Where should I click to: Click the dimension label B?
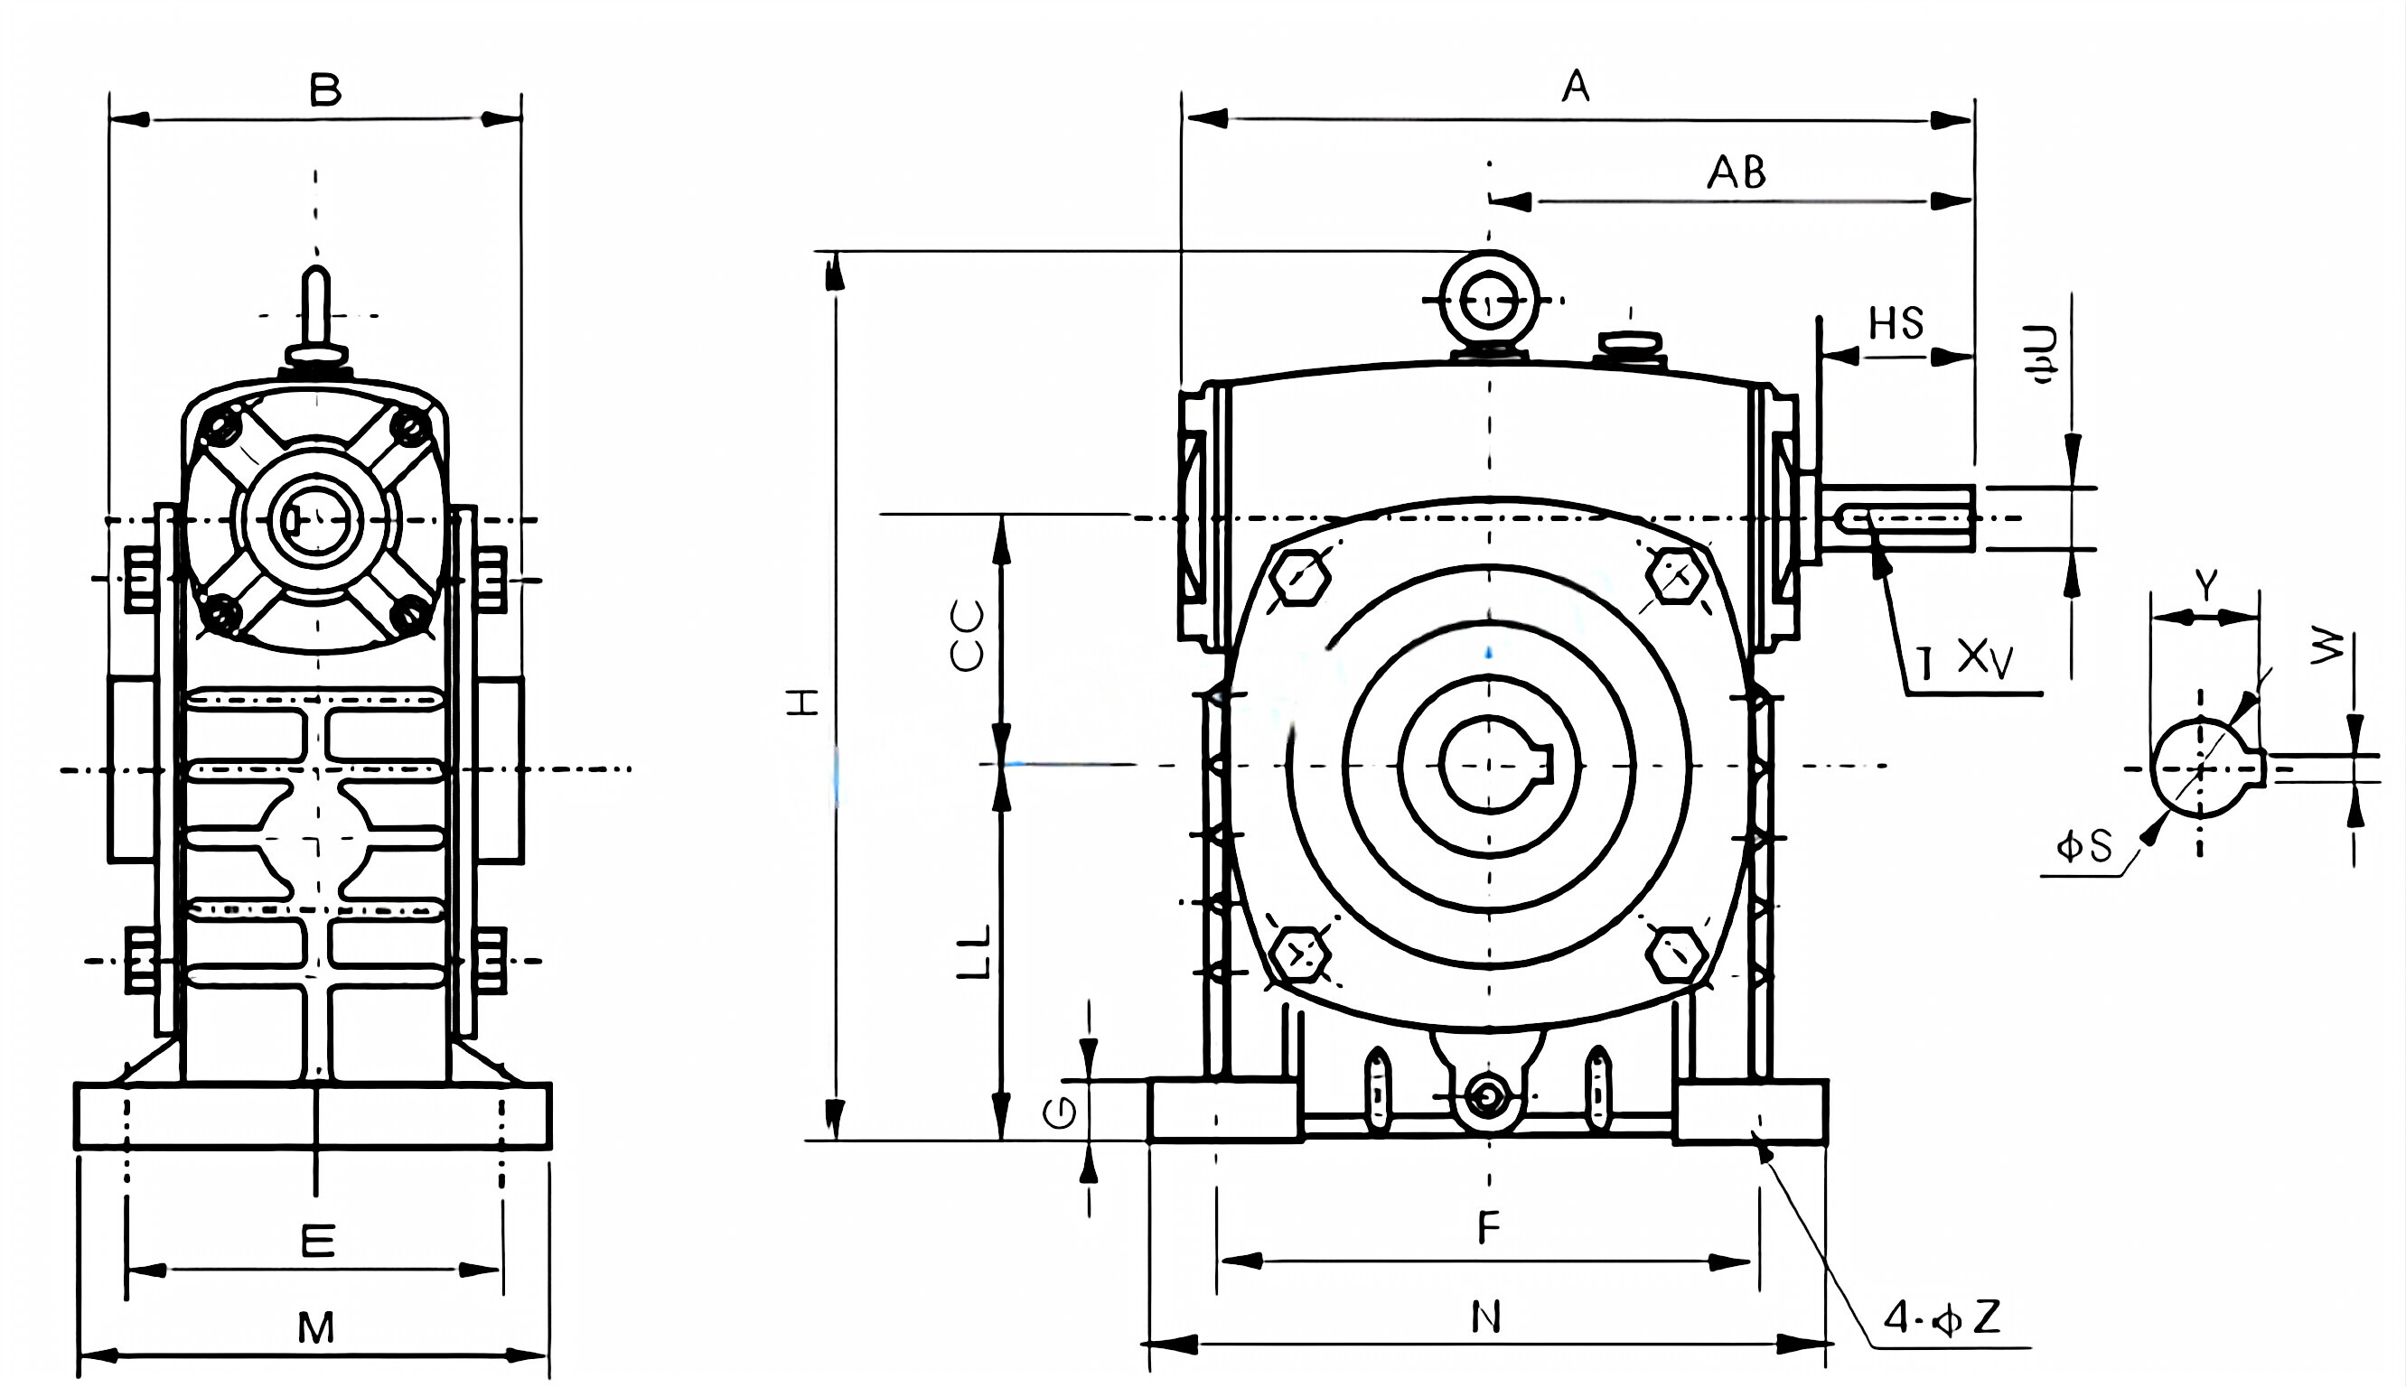(325, 91)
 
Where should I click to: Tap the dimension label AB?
(1737, 173)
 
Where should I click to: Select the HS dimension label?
(1896, 324)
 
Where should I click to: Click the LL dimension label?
(973, 951)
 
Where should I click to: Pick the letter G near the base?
(1061, 1112)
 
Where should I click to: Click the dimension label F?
(1488, 1228)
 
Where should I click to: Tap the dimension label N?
(1486, 1317)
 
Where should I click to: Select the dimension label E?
(317, 1242)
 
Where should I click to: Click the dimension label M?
(315, 1328)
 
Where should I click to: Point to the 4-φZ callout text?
(1941, 1318)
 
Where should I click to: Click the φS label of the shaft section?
(2084, 846)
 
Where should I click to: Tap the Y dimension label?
(2205, 585)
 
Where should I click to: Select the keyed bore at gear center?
(1488, 765)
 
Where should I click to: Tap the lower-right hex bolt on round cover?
(1676, 954)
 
